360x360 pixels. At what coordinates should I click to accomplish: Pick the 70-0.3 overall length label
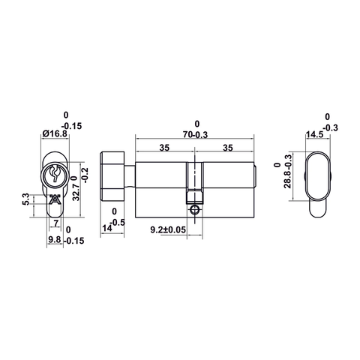coord(197,134)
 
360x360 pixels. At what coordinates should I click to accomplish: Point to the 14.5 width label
coord(313,136)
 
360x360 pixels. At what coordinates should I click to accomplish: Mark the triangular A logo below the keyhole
coord(54,199)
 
